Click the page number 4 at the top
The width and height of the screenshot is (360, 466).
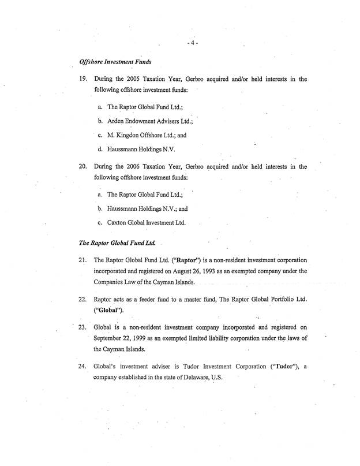coord(193,44)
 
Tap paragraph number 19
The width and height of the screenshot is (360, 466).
coord(82,79)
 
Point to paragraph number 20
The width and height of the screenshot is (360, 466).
coord(82,166)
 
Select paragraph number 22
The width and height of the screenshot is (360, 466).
coord(82,300)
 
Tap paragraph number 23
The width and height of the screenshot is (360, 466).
coord(82,327)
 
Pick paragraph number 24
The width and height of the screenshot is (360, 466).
coord(82,367)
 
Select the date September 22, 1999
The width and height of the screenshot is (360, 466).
coord(121,338)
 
